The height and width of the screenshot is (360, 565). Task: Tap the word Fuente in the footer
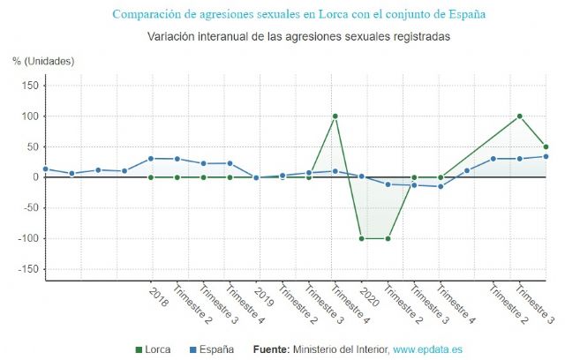click(270, 349)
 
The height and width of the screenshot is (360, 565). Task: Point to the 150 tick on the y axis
click(29, 86)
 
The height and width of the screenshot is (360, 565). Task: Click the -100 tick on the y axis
click(26, 239)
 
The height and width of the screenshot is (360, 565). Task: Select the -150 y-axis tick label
click(26, 270)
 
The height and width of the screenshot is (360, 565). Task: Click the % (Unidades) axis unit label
click(43, 61)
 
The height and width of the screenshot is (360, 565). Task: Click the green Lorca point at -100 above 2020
click(361, 238)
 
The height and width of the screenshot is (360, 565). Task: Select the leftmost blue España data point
click(45, 169)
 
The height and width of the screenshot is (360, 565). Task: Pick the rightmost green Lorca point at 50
click(546, 146)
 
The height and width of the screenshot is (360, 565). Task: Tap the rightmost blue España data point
click(546, 157)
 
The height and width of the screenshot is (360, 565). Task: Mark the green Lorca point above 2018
click(150, 177)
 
